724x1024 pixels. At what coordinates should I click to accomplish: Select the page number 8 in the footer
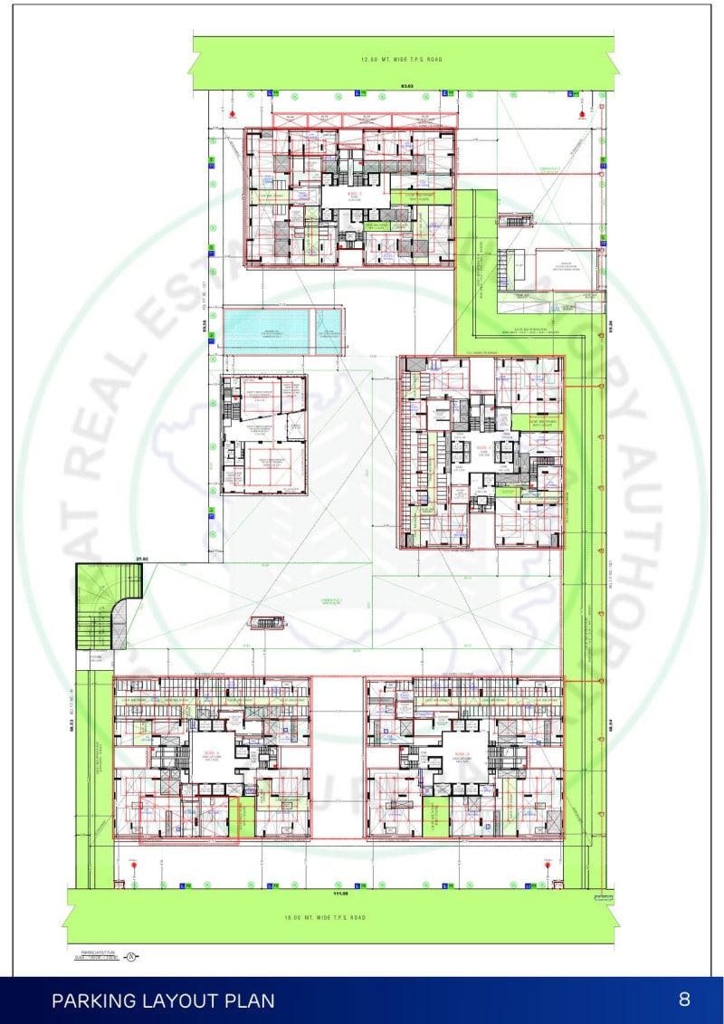(684, 1000)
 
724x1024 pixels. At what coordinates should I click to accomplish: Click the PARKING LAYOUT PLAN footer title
(163, 1000)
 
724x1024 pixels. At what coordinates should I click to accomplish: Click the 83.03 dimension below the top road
(406, 86)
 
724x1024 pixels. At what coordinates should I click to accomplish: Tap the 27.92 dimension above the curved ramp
(141, 560)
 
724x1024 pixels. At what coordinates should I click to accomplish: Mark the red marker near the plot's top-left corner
(233, 115)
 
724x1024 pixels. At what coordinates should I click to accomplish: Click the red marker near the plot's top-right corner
(580, 115)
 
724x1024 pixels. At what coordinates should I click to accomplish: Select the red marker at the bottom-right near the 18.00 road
(548, 864)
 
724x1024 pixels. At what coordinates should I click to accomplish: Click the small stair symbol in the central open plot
(267, 622)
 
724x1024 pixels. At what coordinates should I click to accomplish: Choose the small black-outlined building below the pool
(264, 435)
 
